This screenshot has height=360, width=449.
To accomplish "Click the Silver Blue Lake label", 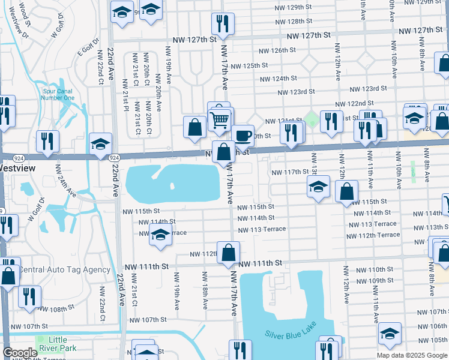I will (291, 333).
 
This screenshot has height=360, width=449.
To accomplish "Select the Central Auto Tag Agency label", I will (64, 269).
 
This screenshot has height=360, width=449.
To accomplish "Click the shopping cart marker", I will (220, 119).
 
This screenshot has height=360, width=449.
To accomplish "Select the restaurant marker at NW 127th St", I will (223, 24).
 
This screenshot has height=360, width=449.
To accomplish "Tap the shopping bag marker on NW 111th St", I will (229, 253).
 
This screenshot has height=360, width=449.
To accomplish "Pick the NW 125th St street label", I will (249, 65).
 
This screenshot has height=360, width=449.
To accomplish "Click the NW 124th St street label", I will (279, 78).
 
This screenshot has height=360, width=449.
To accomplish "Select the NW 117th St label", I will (289, 172).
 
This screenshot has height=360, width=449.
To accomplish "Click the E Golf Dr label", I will (82, 55).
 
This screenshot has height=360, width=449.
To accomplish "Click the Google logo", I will (20, 353).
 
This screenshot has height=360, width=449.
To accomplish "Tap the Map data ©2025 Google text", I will (411, 355).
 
